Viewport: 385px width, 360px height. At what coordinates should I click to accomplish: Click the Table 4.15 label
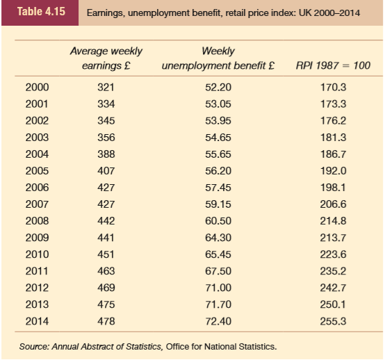[41, 12]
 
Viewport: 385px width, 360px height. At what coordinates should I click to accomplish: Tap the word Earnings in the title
[105, 13]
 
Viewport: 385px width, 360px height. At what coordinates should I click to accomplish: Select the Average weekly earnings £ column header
[106, 58]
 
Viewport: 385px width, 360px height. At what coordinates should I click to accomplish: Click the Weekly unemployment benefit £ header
[218, 58]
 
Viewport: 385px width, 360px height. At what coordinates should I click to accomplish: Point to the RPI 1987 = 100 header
[333, 65]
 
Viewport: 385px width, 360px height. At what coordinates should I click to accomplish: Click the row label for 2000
[37, 88]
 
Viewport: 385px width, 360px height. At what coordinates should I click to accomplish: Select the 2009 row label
[37, 238]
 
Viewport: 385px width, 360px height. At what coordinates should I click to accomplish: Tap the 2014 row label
[37, 321]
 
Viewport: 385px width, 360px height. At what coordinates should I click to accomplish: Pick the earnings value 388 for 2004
[106, 154]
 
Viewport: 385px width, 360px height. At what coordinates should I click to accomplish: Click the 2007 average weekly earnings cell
[106, 204]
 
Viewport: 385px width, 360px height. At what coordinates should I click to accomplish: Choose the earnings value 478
[106, 321]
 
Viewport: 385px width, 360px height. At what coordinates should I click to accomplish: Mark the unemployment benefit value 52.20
[218, 88]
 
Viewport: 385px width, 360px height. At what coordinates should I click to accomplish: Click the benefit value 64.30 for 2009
[218, 238]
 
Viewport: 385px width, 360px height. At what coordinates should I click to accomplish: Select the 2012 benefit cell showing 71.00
[218, 288]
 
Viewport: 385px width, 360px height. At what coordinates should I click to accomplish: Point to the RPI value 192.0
[333, 171]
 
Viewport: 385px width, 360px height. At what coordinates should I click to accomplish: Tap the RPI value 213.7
[333, 238]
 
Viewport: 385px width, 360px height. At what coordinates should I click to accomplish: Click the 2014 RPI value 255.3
[333, 321]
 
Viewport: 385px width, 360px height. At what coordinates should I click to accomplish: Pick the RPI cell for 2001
[333, 104]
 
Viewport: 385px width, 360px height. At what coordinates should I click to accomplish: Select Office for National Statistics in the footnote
[221, 347]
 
